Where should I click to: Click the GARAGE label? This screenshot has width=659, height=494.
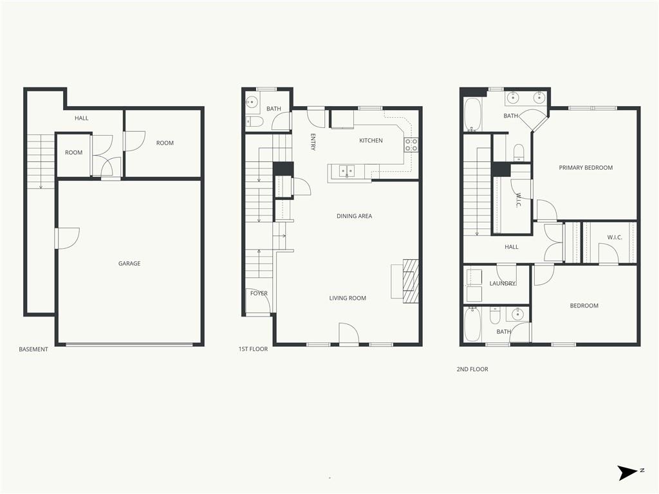[x=129, y=263]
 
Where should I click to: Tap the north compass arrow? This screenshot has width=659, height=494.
[x=627, y=473]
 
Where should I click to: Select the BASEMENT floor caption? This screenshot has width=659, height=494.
[x=33, y=349]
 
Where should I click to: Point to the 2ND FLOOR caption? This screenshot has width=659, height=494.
[x=472, y=369]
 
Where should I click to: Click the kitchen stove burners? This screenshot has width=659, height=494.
[x=411, y=145]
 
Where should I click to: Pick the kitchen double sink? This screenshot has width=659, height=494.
[x=346, y=171]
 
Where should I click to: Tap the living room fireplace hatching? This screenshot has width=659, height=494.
[x=411, y=281]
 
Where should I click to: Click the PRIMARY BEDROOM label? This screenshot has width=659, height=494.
[x=586, y=168]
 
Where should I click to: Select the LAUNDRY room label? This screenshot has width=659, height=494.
[x=503, y=284]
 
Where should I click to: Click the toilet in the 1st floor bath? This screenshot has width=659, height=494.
[x=255, y=122]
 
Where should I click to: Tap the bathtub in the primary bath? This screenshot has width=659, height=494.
[x=473, y=114]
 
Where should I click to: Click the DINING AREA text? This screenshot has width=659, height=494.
[x=355, y=216]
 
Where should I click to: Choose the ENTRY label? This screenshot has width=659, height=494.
[x=313, y=142]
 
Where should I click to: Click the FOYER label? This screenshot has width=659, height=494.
[x=259, y=293]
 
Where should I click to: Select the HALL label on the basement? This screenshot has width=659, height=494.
[x=82, y=118]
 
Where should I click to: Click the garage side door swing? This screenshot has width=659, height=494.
[x=67, y=238]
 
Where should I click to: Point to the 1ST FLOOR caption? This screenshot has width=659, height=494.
[x=253, y=349]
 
